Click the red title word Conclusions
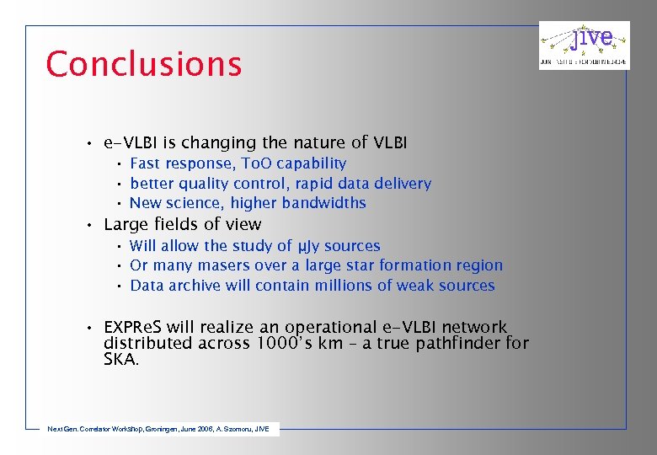[x=144, y=64]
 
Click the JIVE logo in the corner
[x=584, y=45]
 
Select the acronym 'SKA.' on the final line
[x=121, y=359]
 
